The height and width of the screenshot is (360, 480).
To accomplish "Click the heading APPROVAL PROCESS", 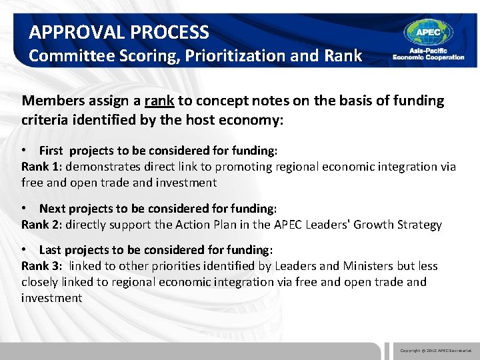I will point(119,32).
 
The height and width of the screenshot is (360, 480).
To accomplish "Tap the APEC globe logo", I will point(428,33).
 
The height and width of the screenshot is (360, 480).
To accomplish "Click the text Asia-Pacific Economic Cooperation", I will point(428,54).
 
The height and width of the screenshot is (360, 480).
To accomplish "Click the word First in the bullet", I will point(52,151).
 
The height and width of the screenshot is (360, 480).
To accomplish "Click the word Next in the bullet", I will point(52,209).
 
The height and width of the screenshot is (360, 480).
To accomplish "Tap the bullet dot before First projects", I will point(25,151).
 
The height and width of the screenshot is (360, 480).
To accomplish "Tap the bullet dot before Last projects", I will point(25,250).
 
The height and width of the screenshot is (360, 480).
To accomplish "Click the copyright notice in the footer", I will point(435,350).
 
